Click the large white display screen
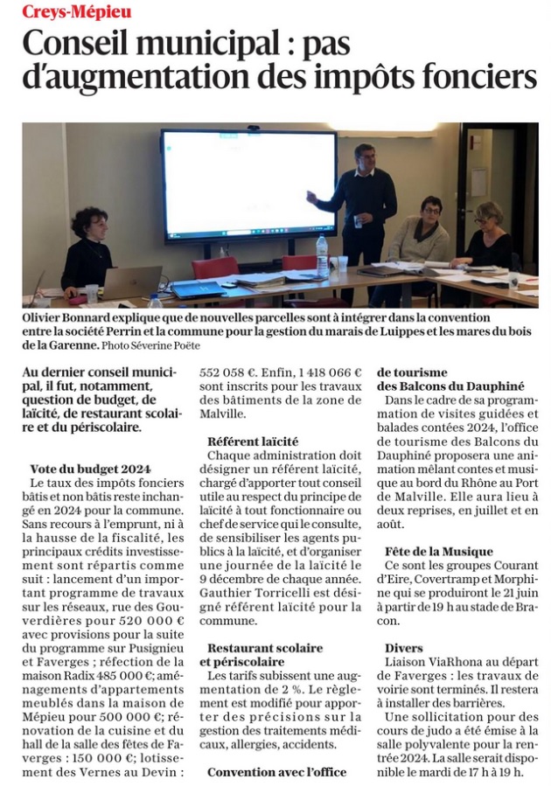pos(248,184)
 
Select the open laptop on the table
pos(131,282)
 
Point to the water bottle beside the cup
pos(322,255)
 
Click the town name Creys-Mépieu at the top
pos(76,11)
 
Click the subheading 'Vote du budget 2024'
pos(90,468)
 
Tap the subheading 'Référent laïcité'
pos(253,441)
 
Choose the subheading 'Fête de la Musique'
pos(438,552)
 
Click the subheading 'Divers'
pos(404,648)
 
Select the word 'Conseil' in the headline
pos(82,44)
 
